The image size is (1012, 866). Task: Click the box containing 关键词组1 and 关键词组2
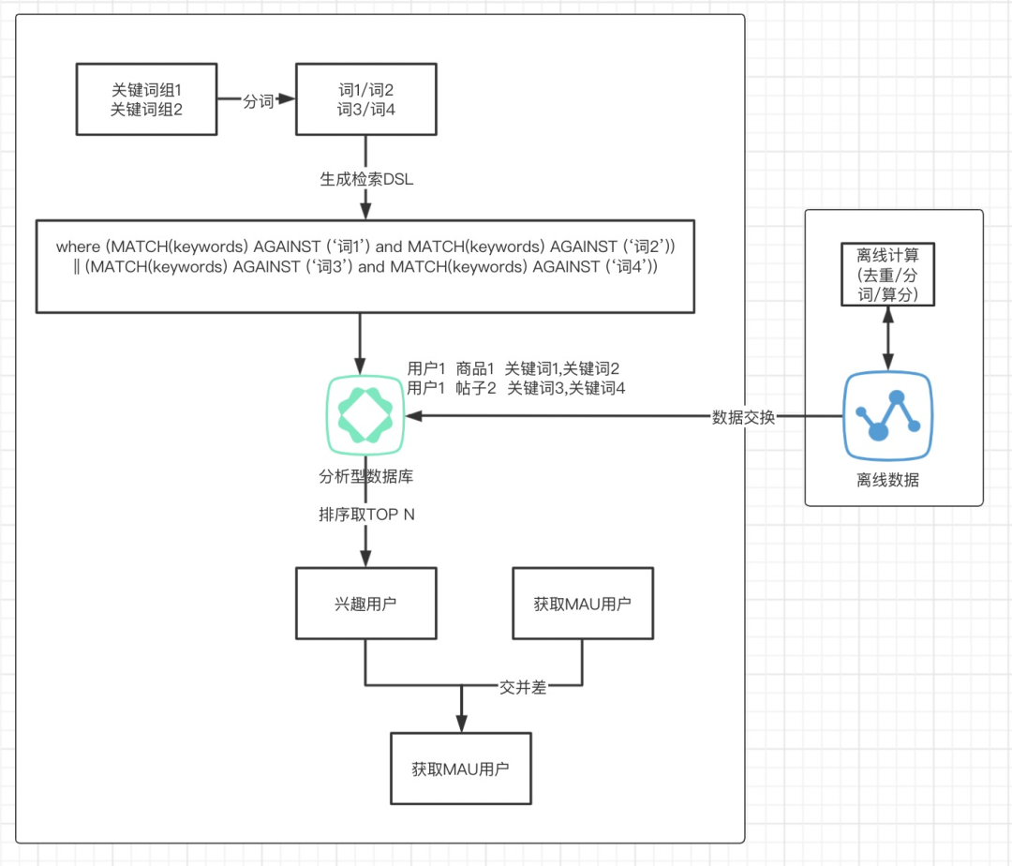pyautogui.click(x=145, y=100)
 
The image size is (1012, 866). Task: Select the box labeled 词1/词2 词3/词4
pyautogui.click(x=366, y=100)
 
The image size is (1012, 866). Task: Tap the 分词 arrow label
pyautogui.click(x=258, y=101)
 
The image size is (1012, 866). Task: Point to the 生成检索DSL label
pyautogui.click(x=365, y=180)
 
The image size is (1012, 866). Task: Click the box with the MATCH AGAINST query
pyautogui.click(x=365, y=265)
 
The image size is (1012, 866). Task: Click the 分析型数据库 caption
pyautogui.click(x=365, y=476)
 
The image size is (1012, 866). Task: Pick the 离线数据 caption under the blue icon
pyautogui.click(x=887, y=480)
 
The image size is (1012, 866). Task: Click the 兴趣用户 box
pyautogui.click(x=365, y=604)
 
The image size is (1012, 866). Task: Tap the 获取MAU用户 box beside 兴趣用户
pyautogui.click(x=582, y=604)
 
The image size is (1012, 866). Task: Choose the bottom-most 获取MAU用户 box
pyautogui.click(x=460, y=769)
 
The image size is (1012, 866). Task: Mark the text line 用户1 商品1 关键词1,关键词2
pyautogui.click(x=513, y=369)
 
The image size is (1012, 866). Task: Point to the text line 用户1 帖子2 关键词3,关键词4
pyautogui.click(x=515, y=388)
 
